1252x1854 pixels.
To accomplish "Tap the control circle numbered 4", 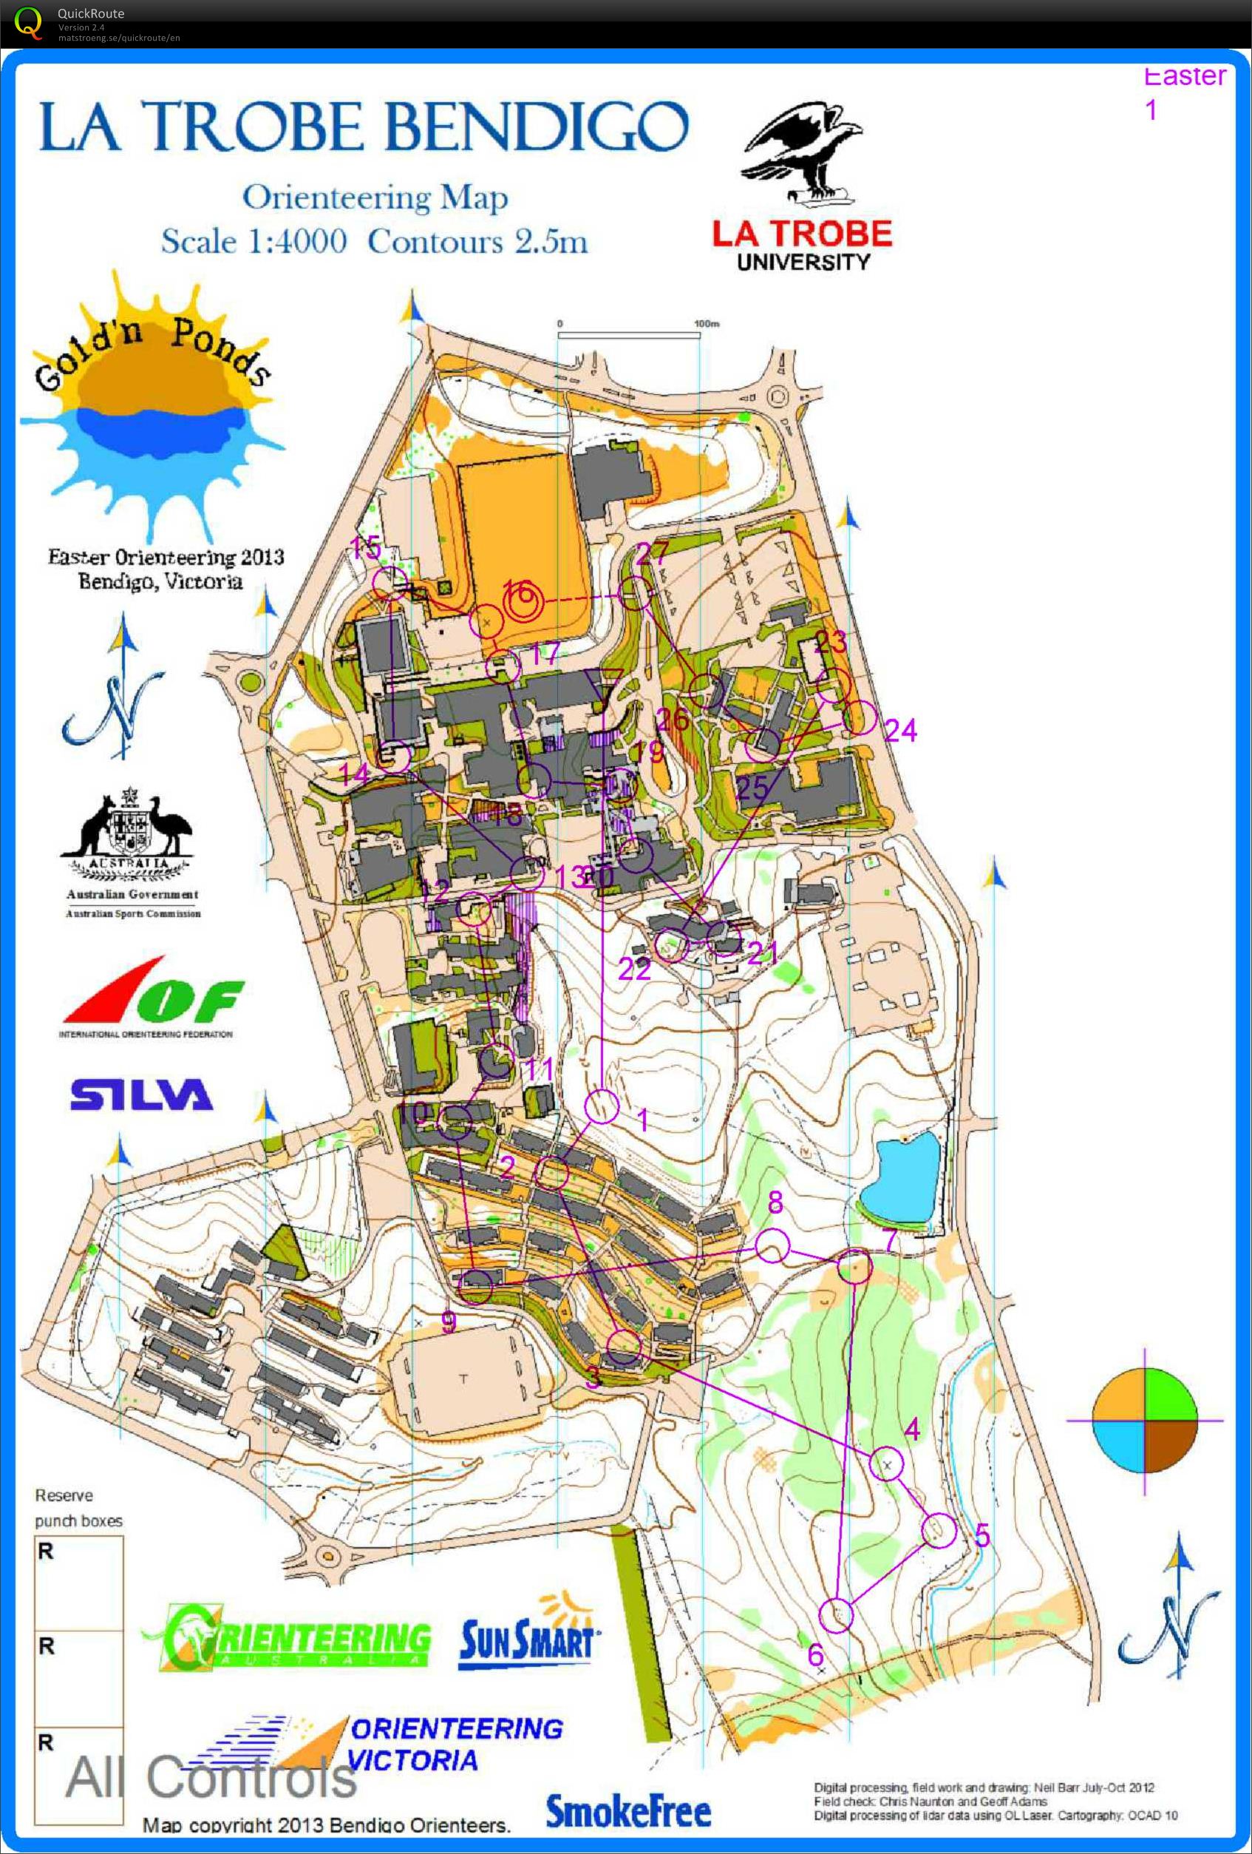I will click(x=887, y=1464).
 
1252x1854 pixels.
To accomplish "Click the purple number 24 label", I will click(x=900, y=730).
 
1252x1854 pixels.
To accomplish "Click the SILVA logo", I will click(x=141, y=1095).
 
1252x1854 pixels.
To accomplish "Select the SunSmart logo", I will click(x=526, y=1637).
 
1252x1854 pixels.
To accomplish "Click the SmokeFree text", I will click(x=627, y=1811).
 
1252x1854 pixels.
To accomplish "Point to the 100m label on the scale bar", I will click(x=707, y=324).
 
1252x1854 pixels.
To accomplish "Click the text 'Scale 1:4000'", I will click(x=254, y=241).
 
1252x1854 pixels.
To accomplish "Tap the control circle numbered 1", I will click(x=602, y=1106).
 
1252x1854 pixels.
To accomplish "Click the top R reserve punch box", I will click(x=79, y=1583).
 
